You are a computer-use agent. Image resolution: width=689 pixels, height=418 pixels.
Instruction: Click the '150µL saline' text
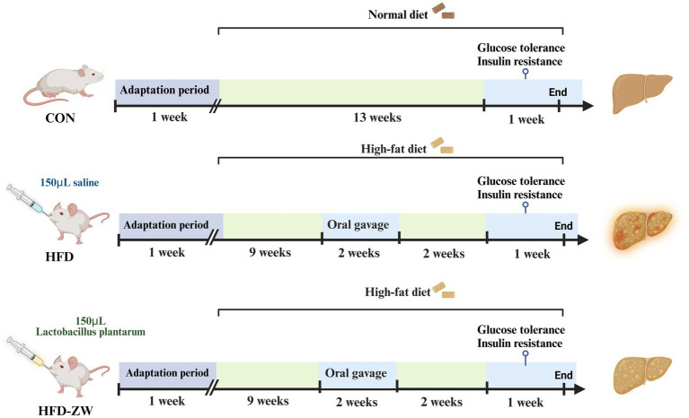(62, 183)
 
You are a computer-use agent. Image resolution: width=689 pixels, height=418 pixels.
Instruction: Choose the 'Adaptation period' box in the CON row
(167, 91)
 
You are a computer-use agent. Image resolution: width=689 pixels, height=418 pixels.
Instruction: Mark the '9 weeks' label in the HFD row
(269, 253)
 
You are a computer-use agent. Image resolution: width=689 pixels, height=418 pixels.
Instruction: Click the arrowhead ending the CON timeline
(587, 106)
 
